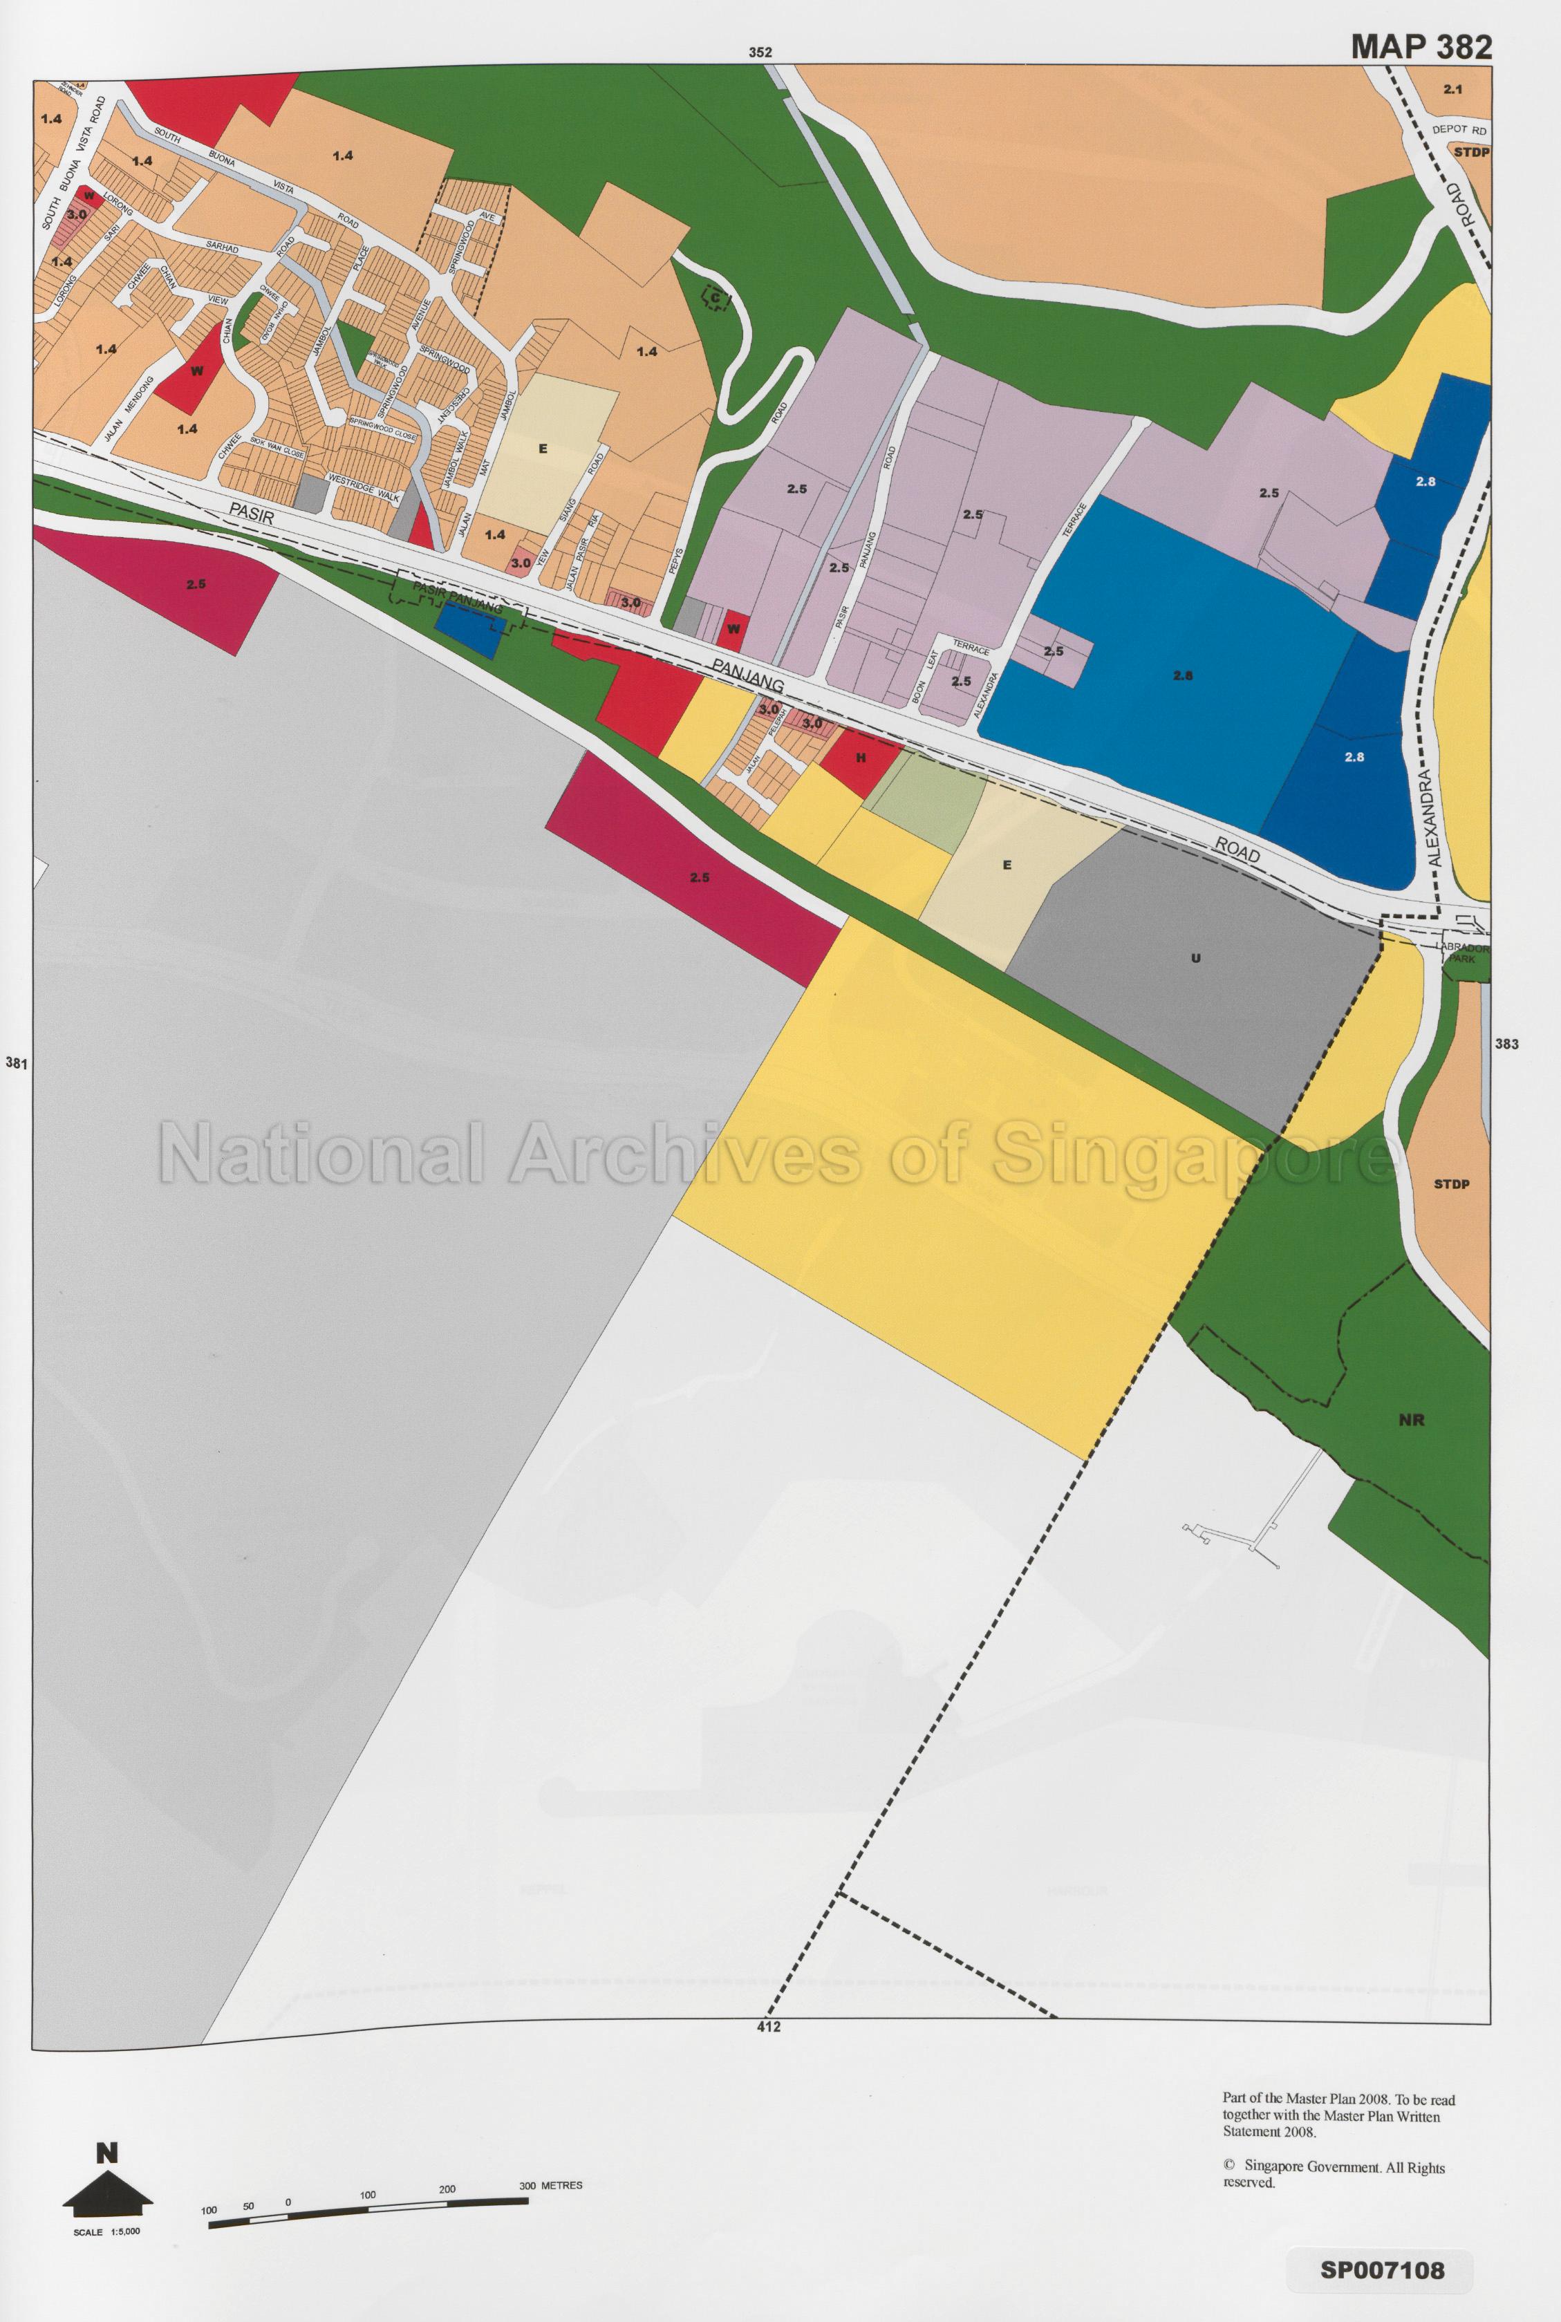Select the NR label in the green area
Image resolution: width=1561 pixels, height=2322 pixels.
pyautogui.click(x=1411, y=1421)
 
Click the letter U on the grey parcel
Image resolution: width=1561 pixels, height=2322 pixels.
pyautogui.click(x=1196, y=959)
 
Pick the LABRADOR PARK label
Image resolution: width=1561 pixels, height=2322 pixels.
pyautogui.click(x=1464, y=953)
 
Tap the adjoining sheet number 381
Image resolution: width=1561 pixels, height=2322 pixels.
pyautogui.click(x=16, y=1063)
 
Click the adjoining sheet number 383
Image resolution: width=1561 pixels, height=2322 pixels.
pyautogui.click(x=1506, y=1044)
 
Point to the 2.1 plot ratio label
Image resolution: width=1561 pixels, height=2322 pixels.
pyautogui.click(x=1452, y=90)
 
